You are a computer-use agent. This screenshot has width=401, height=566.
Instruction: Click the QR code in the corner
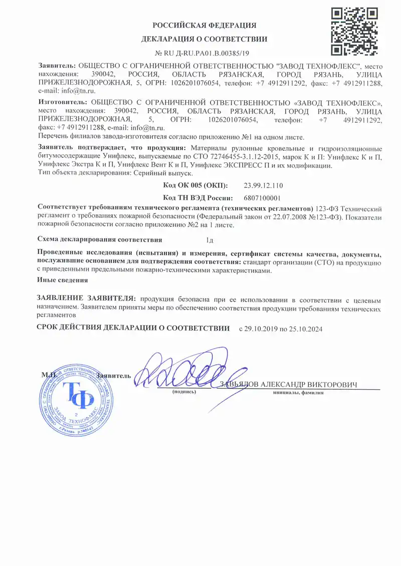(354, 31)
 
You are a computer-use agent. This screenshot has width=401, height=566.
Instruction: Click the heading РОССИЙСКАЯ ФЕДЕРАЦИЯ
(204, 26)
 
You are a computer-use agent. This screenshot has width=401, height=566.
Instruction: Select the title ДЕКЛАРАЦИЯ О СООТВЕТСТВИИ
(204, 39)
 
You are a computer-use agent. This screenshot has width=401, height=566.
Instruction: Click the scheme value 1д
(210, 239)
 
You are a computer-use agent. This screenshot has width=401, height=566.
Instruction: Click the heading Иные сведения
(63, 280)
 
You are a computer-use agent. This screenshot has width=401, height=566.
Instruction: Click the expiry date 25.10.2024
(306, 329)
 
